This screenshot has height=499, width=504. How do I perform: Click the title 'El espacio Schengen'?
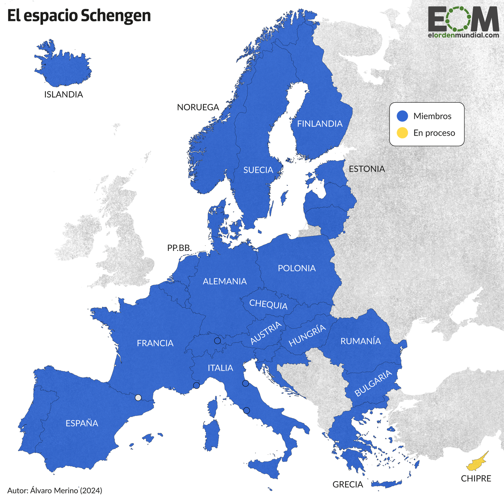[79, 16]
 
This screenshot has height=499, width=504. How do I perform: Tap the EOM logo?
[463, 22]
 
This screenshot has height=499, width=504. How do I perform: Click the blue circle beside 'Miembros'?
[402, 116]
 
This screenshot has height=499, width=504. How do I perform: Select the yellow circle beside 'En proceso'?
[402, 133]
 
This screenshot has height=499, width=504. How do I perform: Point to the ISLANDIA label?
[64, 95]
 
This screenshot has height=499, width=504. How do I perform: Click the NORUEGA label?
[198, 107]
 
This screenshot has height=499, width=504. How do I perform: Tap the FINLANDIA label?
[320, 124]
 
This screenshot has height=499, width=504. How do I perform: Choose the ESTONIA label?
[367, 169]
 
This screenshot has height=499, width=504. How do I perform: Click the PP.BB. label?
[180, 248]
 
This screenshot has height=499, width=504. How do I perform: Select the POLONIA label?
[297, 268]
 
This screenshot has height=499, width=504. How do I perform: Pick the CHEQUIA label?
[268, 304]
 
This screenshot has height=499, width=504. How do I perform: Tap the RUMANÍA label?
[361, 341]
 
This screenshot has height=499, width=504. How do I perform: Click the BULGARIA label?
[373, 383]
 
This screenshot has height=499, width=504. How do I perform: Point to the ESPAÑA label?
[82, 423]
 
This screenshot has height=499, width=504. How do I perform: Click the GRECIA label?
[348, 484]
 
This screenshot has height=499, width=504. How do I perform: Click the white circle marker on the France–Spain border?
[138, 397]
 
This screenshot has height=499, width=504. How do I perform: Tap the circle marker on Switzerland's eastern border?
[217, 341]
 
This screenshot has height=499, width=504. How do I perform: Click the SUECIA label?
[258, 170]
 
